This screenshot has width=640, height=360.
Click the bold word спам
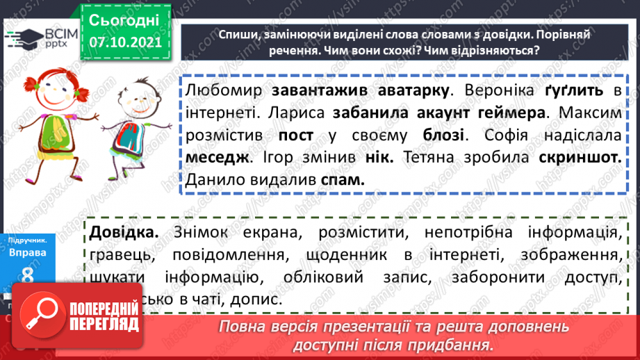(343, 179)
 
